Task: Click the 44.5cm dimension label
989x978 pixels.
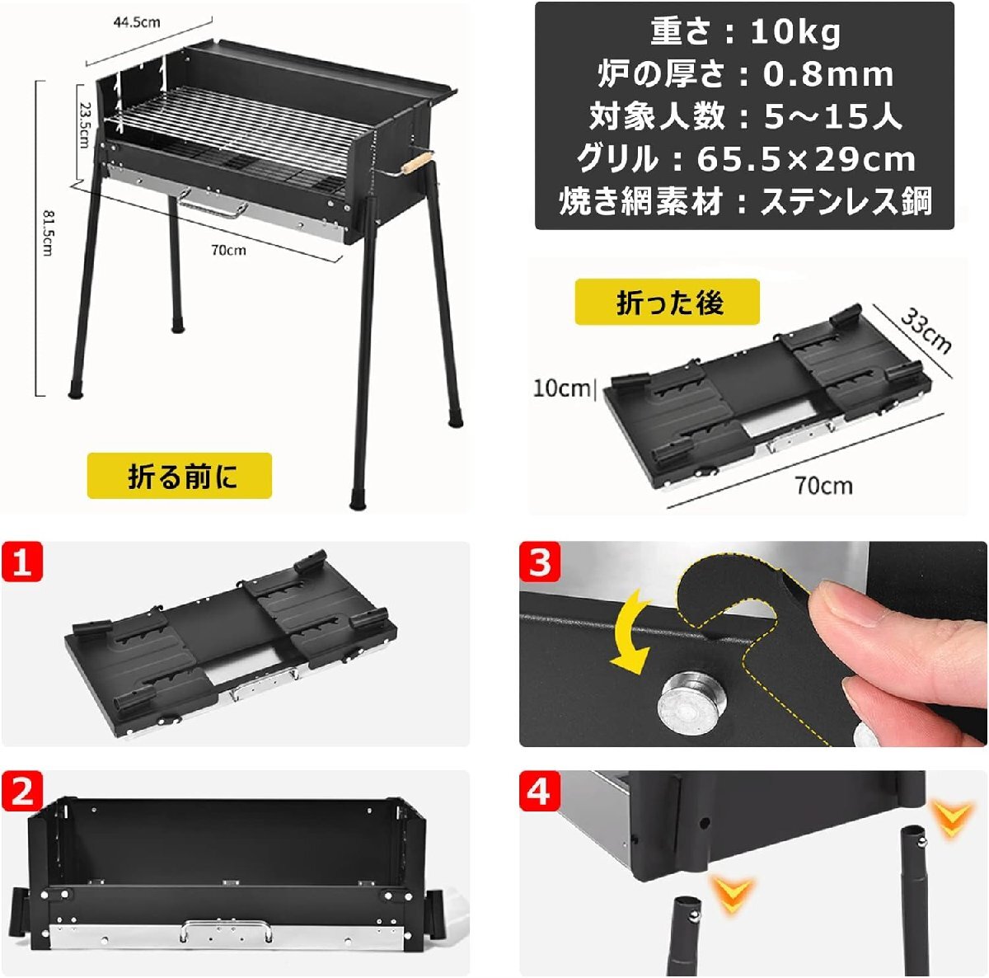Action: (x=137, y=22)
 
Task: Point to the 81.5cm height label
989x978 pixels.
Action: (x=47, y=233)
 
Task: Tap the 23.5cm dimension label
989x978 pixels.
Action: (x=84, y=126)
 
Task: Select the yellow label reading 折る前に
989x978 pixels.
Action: (x=179, y=476)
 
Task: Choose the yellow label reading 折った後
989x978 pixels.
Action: (x=667, y=302)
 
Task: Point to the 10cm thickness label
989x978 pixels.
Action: (x=561, y=388)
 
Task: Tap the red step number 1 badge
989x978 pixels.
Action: (x=22, y=562)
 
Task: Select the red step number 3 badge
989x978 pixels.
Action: (x=540, y=562)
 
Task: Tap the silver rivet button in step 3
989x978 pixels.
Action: (x=693, y=703)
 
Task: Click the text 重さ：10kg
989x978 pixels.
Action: (x=745, y=32)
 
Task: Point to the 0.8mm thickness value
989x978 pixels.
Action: (x=828, y=74)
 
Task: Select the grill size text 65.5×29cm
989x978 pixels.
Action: (x=806, y=159)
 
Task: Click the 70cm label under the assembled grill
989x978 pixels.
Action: (x=229, y=250)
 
